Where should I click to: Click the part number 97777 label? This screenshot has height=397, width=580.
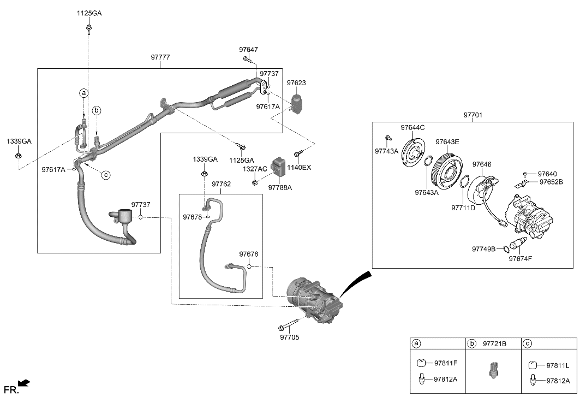pyautogui.click(x=160, y=57)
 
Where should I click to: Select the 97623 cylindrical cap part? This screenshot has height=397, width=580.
pyautogui.click(x=297, y=104)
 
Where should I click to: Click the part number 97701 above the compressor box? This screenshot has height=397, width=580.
pyautogui.click(x=473, y=116)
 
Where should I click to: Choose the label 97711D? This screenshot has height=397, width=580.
pyautogui.click(x=463, y=208)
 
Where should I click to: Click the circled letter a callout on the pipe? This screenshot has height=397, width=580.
pyautogui.click(x=84, y=93)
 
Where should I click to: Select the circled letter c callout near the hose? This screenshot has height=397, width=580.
pyautogui.click(x=106, y=175)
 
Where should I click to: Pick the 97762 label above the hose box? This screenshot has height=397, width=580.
pyautogui.click(x=222, y=184)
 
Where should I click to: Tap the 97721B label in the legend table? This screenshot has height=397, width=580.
pyautogui.click(x=494, y=343)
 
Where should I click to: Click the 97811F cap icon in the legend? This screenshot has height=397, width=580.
pyautogui.click(x=421, y=363)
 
